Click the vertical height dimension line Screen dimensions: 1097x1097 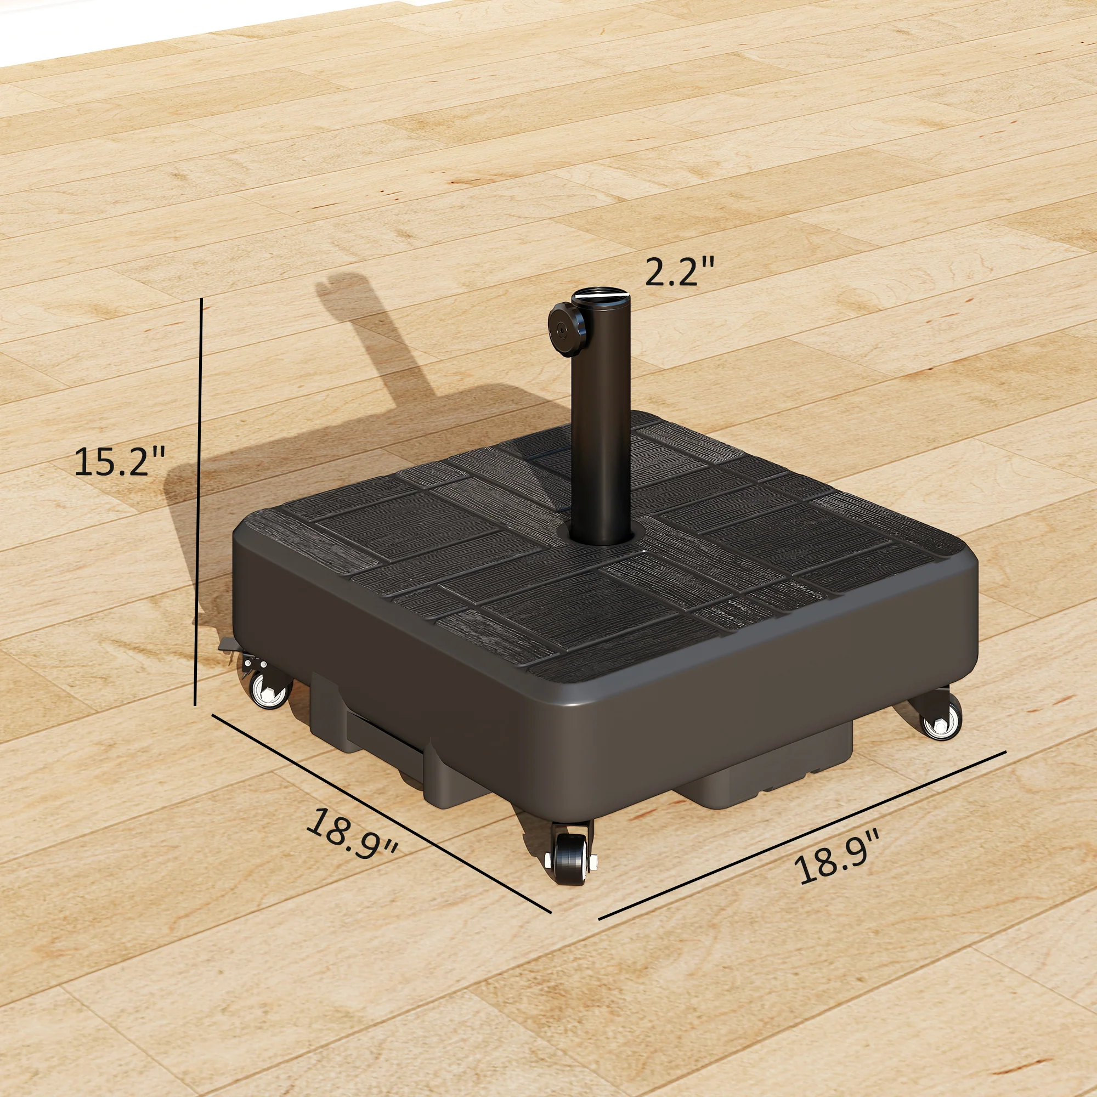[x=199, y=500]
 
